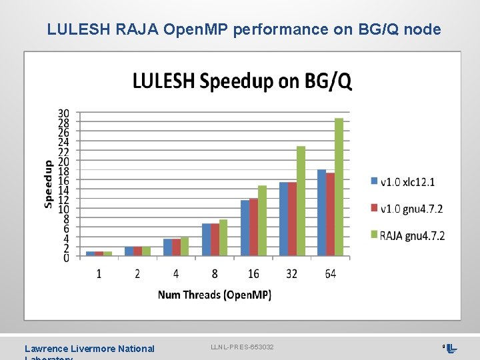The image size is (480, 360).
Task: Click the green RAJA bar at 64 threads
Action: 339,187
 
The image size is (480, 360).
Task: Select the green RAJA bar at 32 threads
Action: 301,201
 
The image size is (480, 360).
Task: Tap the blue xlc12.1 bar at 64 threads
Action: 321,213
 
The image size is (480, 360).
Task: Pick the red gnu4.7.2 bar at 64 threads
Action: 330,215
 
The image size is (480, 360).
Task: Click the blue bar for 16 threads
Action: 245,228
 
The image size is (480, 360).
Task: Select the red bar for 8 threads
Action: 215,240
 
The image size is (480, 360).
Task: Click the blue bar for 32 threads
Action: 283,219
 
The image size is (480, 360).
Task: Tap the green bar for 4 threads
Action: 185,247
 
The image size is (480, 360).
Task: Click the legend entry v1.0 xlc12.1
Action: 407,182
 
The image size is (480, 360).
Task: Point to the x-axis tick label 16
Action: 253,274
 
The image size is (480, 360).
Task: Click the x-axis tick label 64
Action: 331,274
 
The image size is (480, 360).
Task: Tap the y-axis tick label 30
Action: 63,113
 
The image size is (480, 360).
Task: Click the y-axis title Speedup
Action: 49,183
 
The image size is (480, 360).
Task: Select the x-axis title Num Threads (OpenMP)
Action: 215,295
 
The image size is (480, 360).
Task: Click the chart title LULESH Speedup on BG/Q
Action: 242,81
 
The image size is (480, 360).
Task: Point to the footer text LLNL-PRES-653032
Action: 242,347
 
